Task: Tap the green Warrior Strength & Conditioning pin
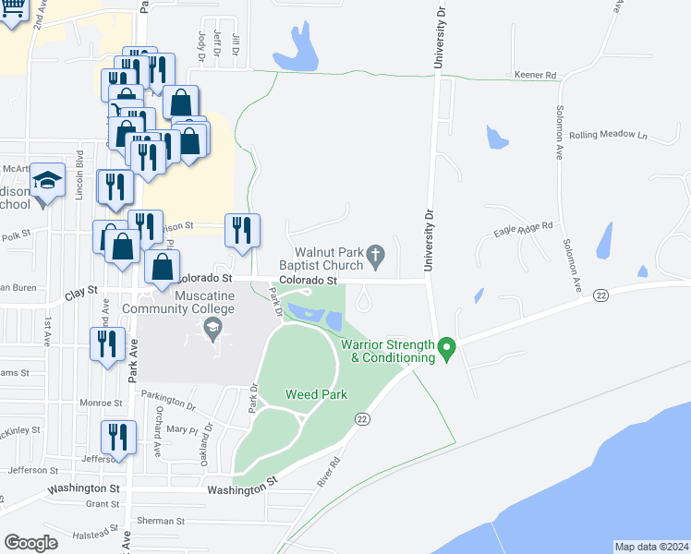[447, 348]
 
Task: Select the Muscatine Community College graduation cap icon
[212, 326]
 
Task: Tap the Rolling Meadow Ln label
[609, 135]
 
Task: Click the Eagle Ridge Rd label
[523, 228]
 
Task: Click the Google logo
[30, 543]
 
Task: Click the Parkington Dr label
[168, 400]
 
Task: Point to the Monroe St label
[102, 403]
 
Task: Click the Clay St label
[81, 292]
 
